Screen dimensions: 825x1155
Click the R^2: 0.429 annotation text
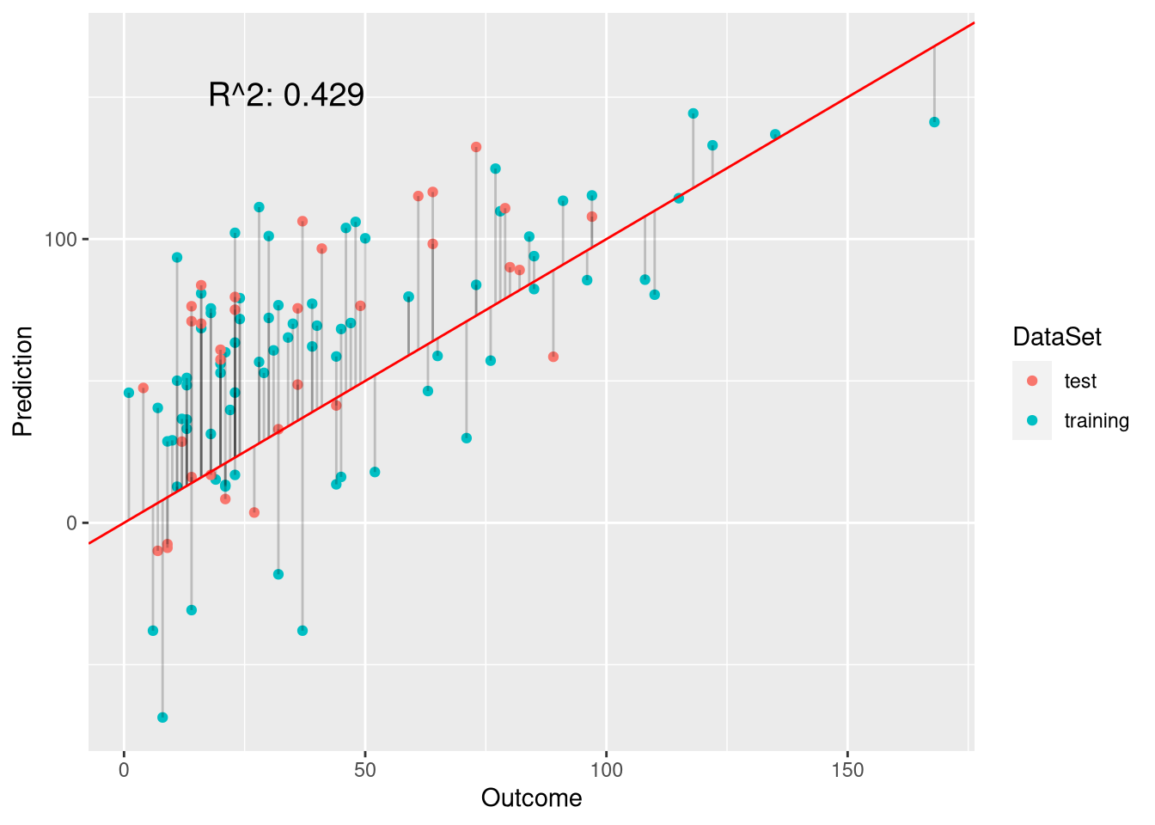pos(286,95)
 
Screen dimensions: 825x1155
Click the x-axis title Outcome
pos(531,798)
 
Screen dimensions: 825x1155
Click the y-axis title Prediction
pos(22,382)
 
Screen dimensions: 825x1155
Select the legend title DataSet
pos(1056,337)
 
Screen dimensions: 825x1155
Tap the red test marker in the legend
pos(1032,381)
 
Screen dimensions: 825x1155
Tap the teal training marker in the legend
pos(1032,420)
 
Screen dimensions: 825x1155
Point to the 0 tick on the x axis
pos(125,769)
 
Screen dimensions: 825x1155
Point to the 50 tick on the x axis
pos(365,769)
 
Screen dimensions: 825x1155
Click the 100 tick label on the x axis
pos(607,769)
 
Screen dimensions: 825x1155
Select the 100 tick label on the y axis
pos(61,239)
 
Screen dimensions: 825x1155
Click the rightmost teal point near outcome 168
pos(934,122)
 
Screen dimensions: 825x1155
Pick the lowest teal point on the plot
pos(162,718)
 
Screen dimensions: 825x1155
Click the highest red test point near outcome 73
pos(476,147)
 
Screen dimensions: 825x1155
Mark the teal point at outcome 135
pos(775,134)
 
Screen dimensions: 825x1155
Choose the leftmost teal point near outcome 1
pos(129,393)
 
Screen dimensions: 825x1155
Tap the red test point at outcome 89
pos(553,357)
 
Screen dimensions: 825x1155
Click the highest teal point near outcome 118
pos(694,113)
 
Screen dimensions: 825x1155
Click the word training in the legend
pos(1096,420)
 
